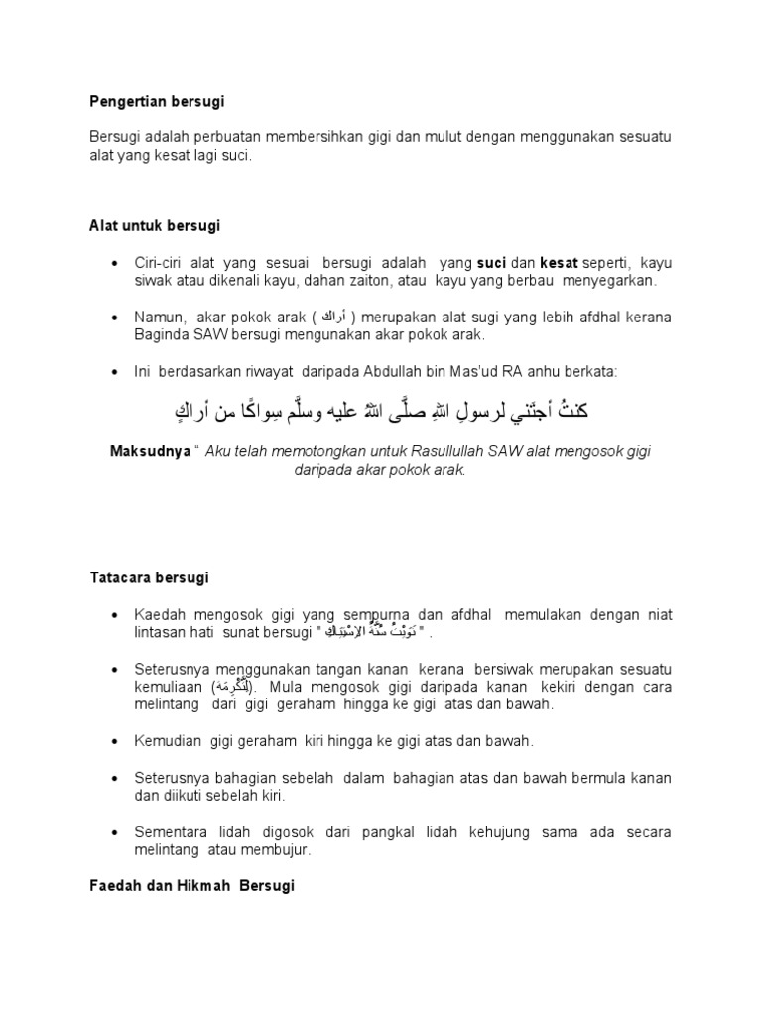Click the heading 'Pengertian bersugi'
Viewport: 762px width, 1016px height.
(x=158, y=101)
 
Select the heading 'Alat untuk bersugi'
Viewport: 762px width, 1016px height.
(x=155, y=226)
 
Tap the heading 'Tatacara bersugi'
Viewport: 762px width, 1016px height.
(x=149, y=577)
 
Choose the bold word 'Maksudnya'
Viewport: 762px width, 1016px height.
(x=151, y=451)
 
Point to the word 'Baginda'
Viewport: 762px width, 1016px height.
(x=162, y=334)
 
